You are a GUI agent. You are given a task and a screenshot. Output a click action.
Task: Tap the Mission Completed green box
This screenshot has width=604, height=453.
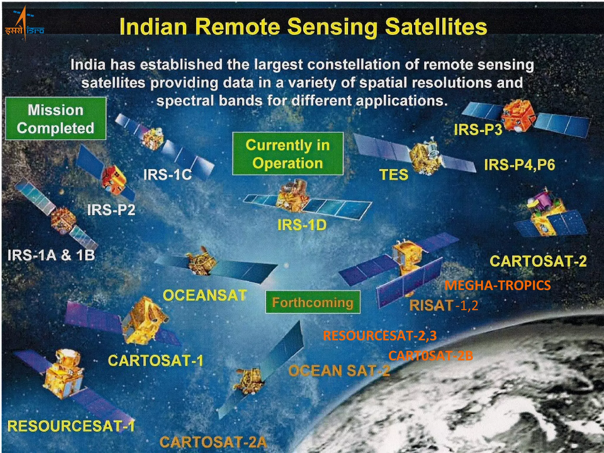click(x=56, y=119)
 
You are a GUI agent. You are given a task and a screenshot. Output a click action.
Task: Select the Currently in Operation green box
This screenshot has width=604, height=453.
click(x=288, y=154)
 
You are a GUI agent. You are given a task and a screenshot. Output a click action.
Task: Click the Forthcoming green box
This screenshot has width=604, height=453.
click(x=313, y=302)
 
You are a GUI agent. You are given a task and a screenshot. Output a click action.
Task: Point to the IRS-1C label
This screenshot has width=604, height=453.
click(x=168, y=175)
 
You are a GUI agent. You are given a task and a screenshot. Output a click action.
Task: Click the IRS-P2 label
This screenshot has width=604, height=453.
click(x=111, y=210)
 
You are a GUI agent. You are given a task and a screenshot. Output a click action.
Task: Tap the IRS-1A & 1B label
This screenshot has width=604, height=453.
click(x=51, y=255)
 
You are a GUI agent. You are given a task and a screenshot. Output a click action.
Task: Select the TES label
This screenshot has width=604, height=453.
click(x=394, y=175)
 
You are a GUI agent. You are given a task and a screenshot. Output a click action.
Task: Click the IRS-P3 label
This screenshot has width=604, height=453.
click(x=478, y=129)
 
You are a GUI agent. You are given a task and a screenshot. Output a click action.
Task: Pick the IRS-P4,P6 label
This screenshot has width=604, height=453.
click(x=520, y=165)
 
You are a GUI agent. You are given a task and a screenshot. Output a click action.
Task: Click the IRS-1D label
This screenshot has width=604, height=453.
click(x=302, y=225)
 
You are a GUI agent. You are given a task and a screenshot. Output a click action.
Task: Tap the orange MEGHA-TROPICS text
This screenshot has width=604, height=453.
click(x=498, y=285)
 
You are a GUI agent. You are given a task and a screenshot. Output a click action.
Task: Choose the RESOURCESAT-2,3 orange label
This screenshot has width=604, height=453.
click(x=380, y=336)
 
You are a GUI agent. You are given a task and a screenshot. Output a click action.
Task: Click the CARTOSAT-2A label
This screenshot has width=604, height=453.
click(x=213, y=442)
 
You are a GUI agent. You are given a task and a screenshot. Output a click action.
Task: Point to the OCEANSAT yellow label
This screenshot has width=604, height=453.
click(x=205, y=295)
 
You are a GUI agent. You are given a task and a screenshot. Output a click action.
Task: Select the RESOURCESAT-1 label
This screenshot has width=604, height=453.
click(x=71, y=426)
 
